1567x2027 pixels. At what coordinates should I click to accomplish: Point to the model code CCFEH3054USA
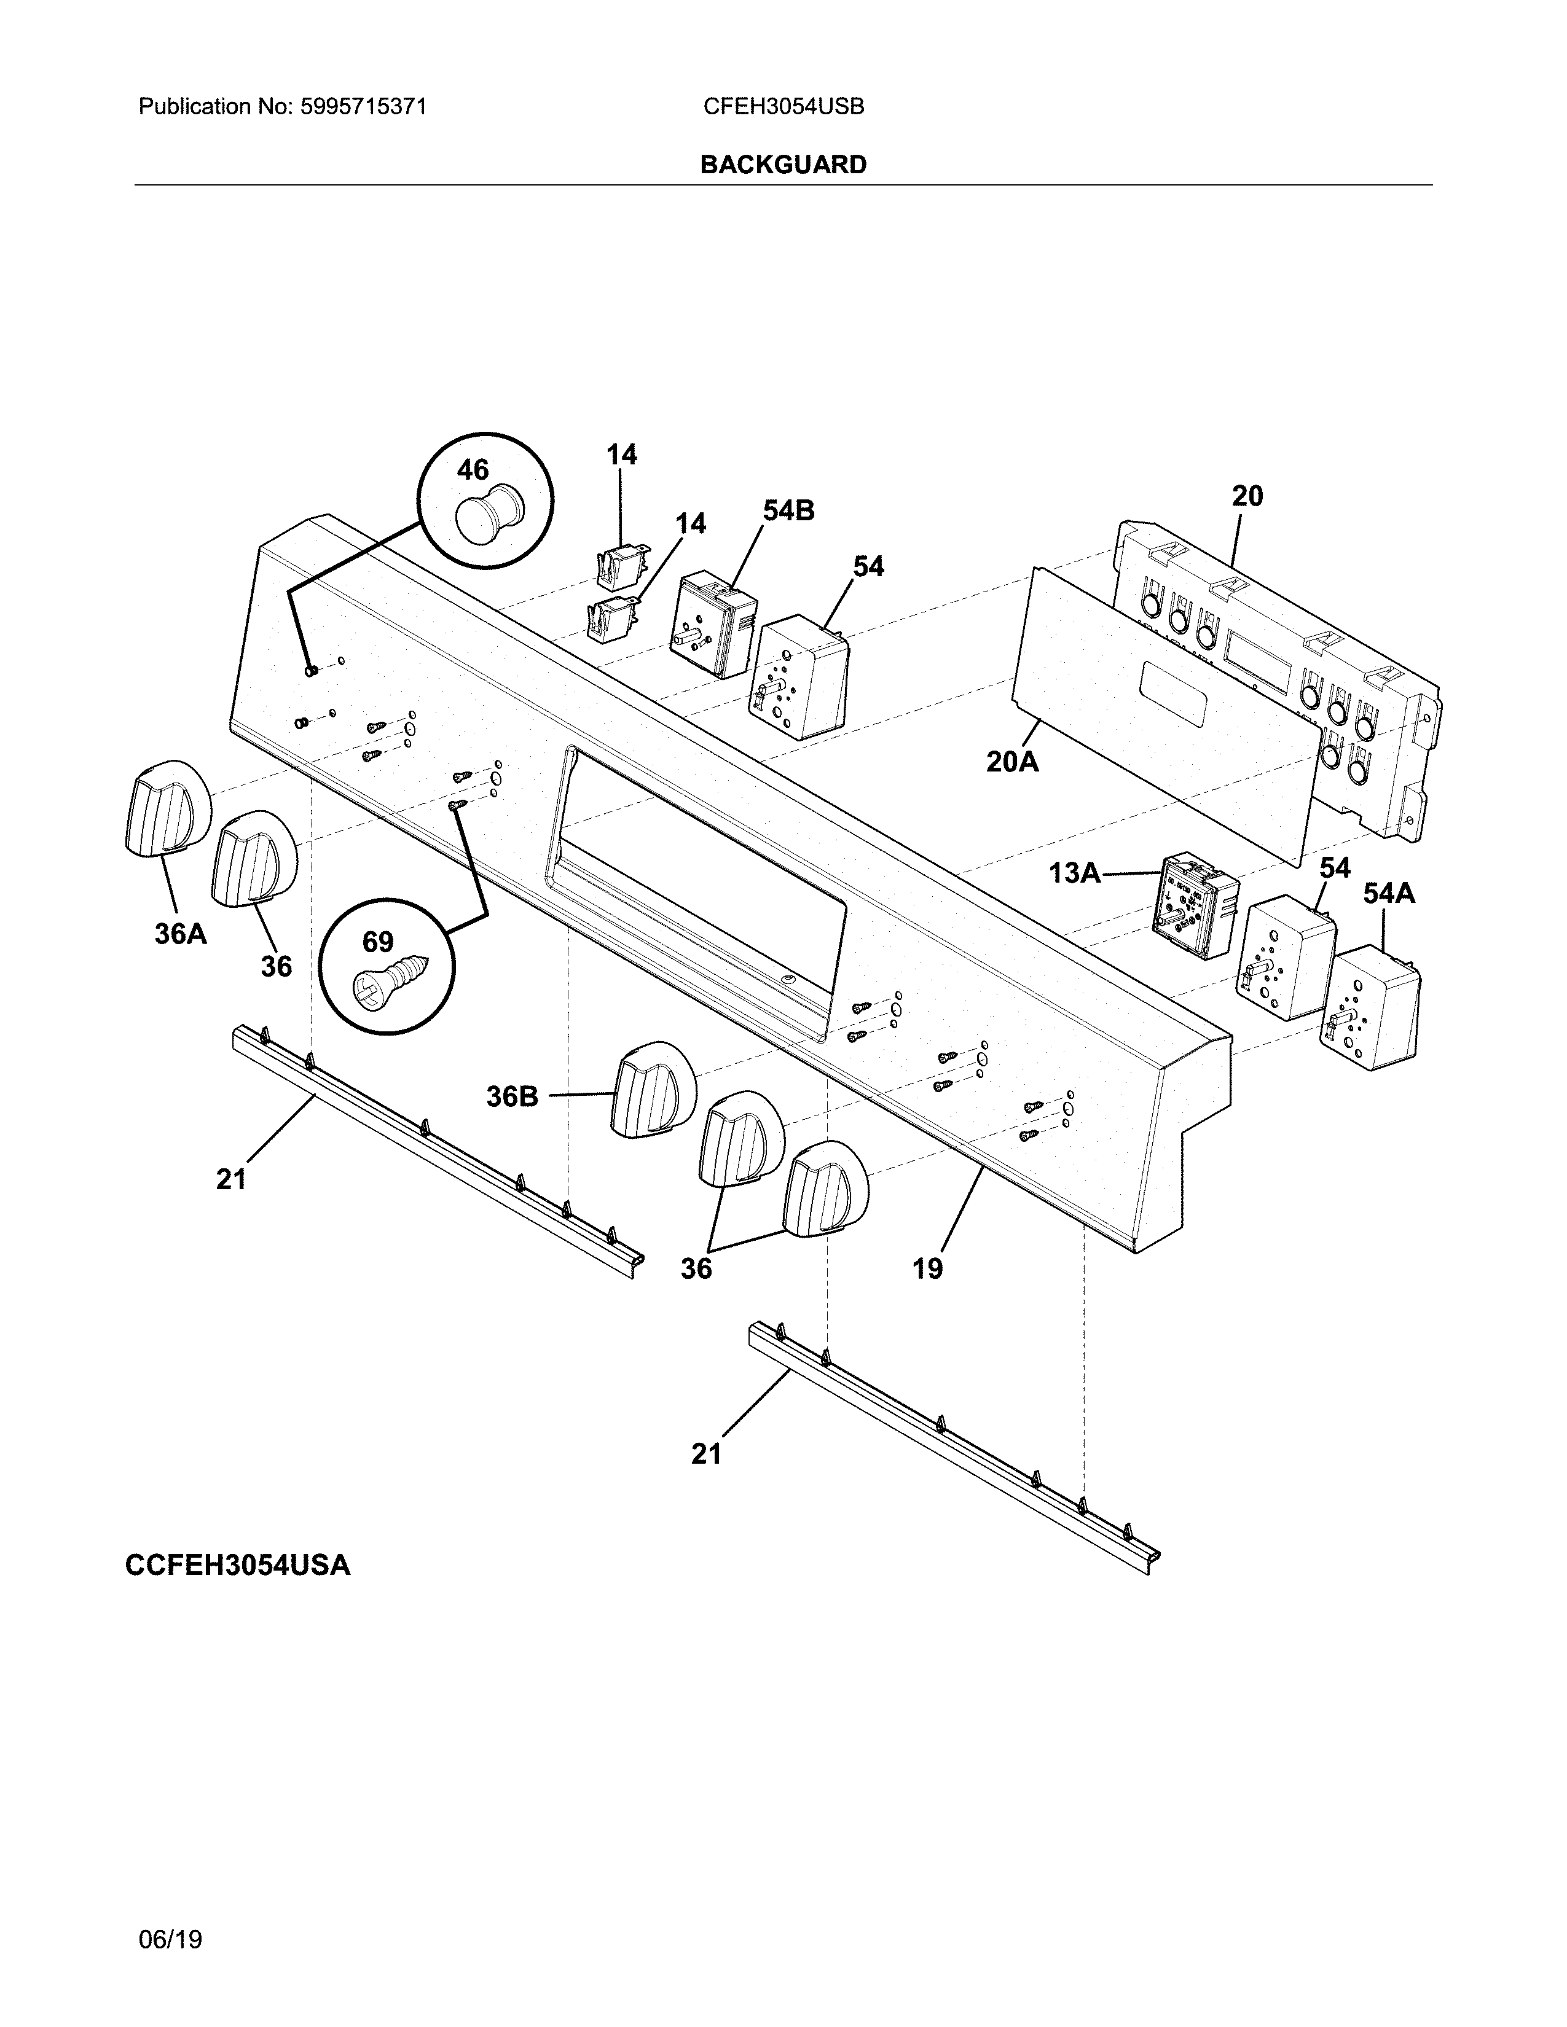[x=238, y=1566]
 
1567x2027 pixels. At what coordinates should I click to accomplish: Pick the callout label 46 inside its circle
[x=473, y=470]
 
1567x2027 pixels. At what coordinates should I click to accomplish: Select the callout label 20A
[x=1012, y=762]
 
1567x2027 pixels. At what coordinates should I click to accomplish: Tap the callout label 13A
[x=1074, y=872]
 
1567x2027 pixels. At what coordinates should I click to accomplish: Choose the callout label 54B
[x=788, y=510]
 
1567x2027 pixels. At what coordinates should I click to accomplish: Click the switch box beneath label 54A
[x=1370, y=1007]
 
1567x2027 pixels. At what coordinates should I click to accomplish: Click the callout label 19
[x=927, y=1268]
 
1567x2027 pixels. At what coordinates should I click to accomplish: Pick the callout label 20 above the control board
[x=1247, y=496]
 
